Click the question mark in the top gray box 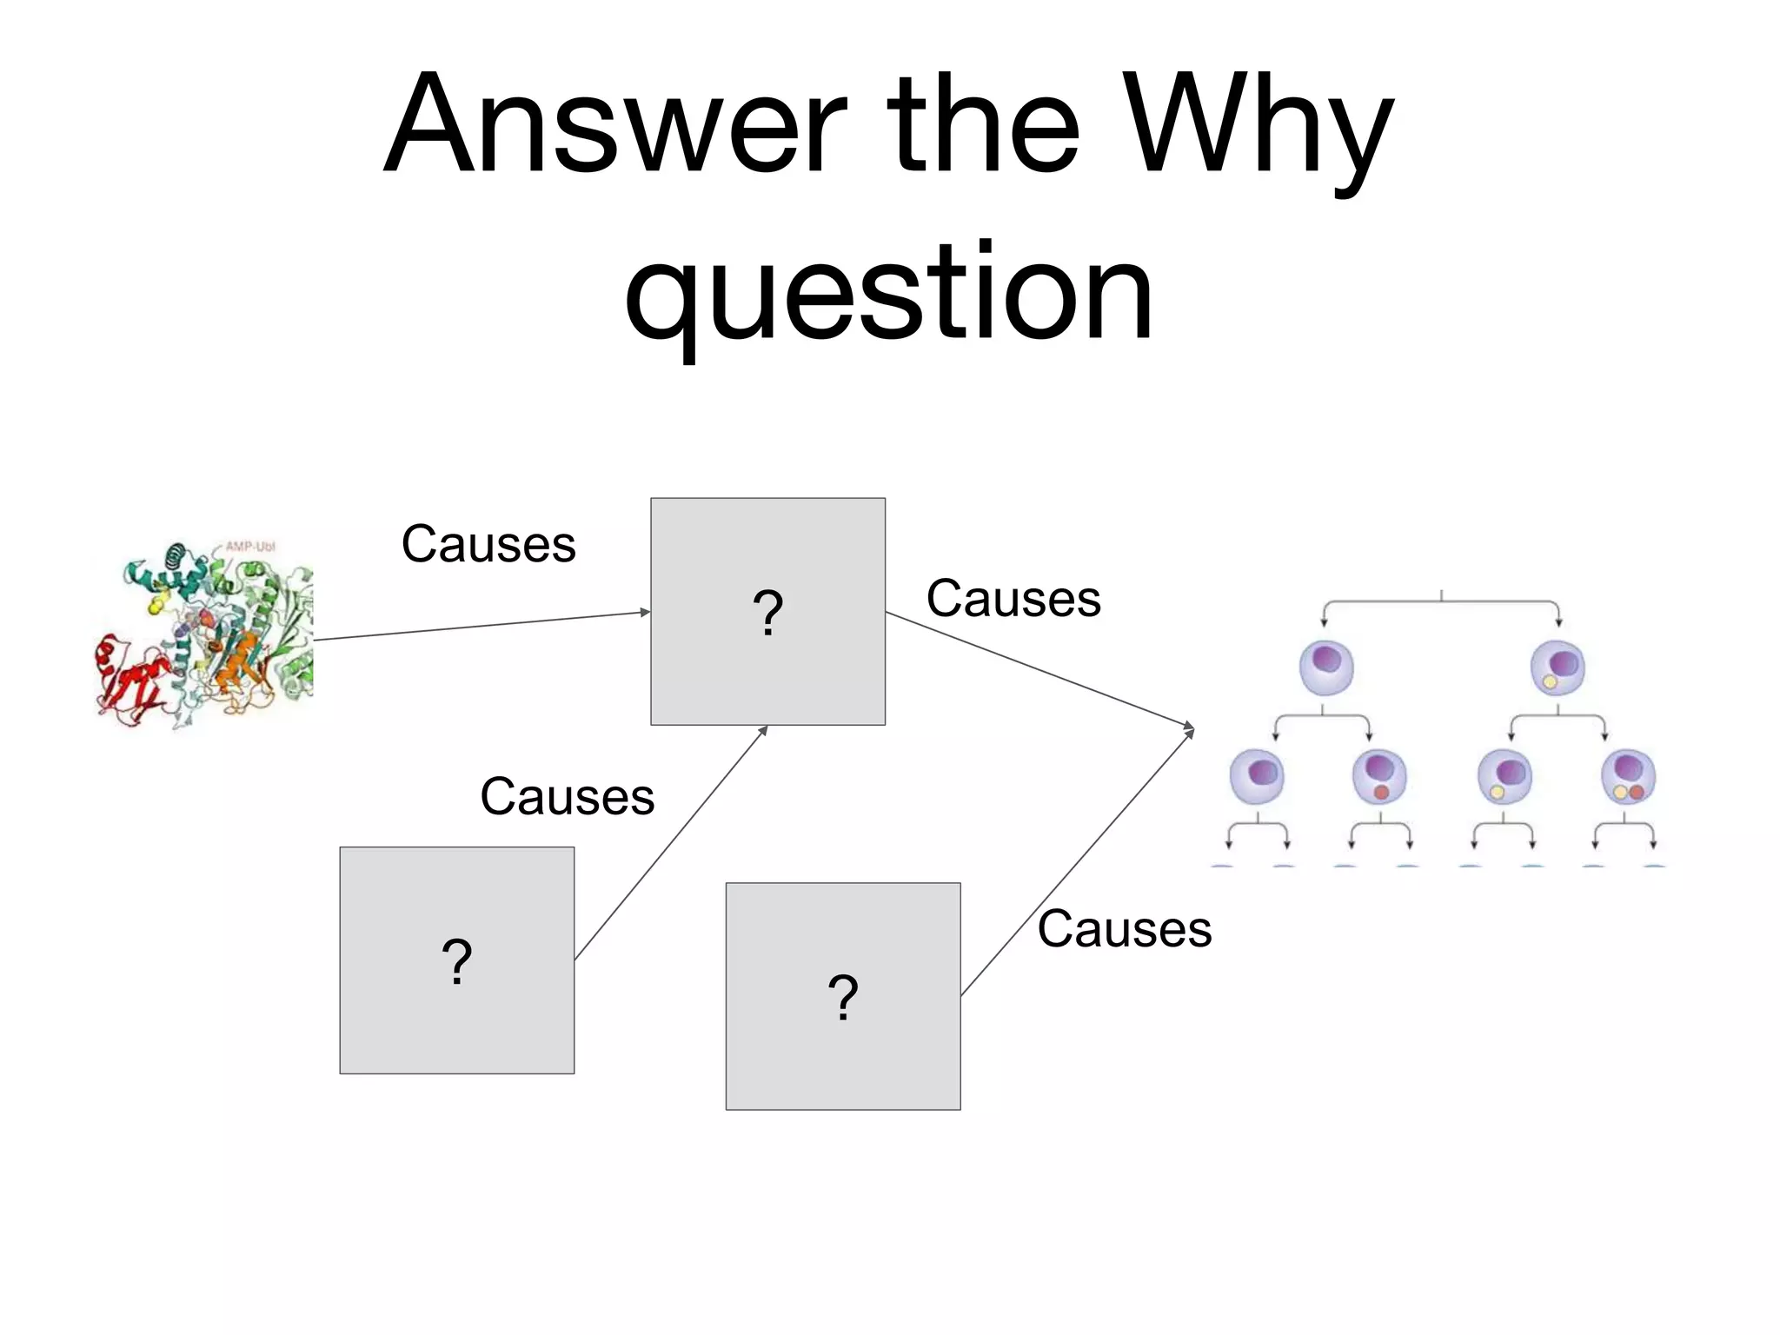click(767, 613)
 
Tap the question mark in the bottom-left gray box click(456, 961)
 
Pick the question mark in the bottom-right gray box click(843, 997)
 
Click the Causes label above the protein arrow click(488, 545)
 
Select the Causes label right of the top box click(1013, 599)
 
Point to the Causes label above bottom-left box click(567, 797)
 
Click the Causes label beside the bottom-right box click(1124, 929)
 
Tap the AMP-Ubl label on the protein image click(250, 547)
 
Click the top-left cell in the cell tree click(1326, 667)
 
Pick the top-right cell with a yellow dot click(1557, 667)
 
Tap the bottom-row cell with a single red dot click(1379, 776)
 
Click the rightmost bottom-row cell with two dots click(1628, 776)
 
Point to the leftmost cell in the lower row click(1257, 776)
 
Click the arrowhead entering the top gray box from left click(645, 613)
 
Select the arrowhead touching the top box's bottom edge click(764, 730)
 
